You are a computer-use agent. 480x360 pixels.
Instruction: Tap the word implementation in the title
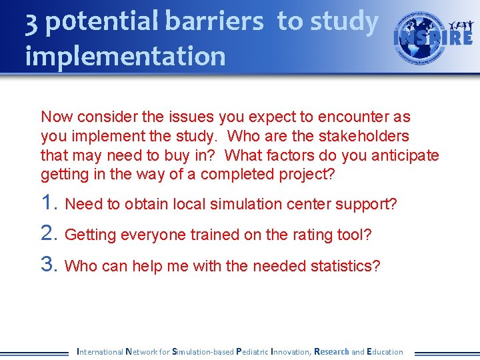[x=125, y=56]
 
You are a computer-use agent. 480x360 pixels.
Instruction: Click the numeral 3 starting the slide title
[x=31, y=22]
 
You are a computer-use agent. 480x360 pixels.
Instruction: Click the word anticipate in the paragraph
[x=405, y=155]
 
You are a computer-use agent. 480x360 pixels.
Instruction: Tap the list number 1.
[x=49, y=203]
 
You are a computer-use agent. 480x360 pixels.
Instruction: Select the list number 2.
[x=49, y=234]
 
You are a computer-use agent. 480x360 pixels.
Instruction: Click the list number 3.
[x=49, y=265]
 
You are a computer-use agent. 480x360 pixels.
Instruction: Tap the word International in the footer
[x=100, y=351]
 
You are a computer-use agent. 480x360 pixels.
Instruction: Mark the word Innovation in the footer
[x=290, y=351]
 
